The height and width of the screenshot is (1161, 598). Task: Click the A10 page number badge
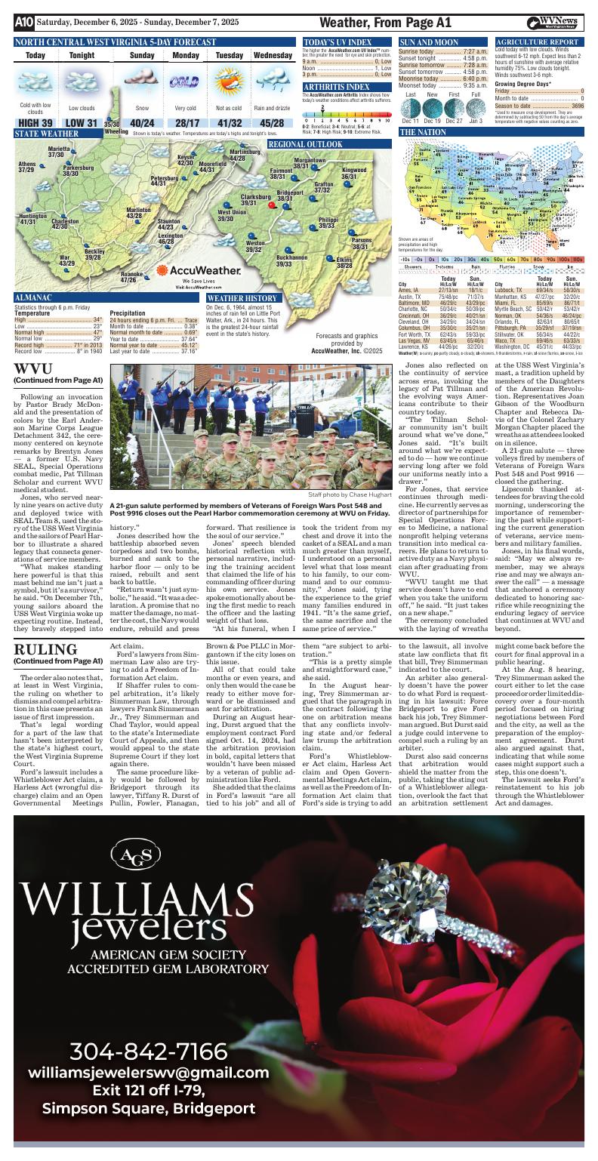(x=23, y=23)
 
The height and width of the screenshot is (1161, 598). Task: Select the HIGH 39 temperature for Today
(x=35, y=123)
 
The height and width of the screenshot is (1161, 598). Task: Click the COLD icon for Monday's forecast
(x=182, y=82)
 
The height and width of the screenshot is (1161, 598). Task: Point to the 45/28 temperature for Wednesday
(x=272, y=123)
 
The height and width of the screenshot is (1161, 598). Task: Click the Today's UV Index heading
(x=338, y=42)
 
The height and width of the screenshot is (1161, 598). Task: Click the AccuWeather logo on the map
(x=194, y=270)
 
